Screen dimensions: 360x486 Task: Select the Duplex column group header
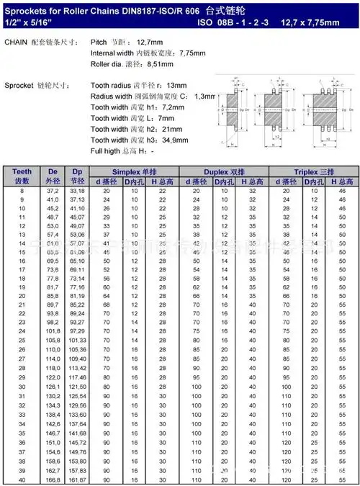tap(223, 172)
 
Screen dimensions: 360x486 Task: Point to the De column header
tap(51, 176)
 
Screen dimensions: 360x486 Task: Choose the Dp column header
tap(78, 176)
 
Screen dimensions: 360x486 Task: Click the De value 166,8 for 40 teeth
tap(51, 479)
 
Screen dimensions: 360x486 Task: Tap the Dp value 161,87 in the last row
tap(78, 479)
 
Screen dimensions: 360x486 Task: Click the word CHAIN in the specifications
tap(16, 42)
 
